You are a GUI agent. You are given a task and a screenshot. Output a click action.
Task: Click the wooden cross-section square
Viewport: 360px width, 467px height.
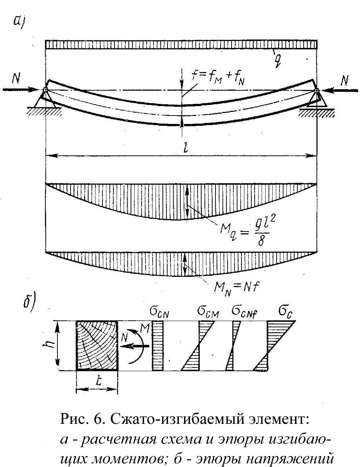click(x=97, y=346)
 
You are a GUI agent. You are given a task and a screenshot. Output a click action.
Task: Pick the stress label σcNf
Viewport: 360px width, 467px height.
click(x=245, y=312)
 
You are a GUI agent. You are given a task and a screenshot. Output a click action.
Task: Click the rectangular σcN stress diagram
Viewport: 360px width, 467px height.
click(x=157, y=346)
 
